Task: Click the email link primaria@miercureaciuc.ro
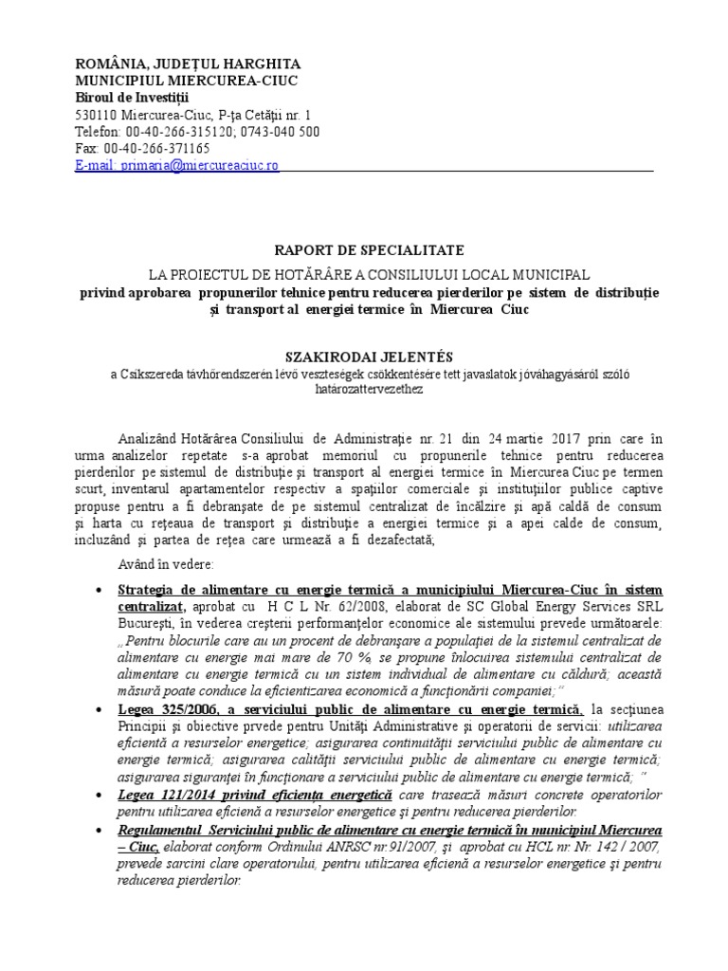coord(177,164)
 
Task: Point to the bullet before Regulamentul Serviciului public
coord(100,830)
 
